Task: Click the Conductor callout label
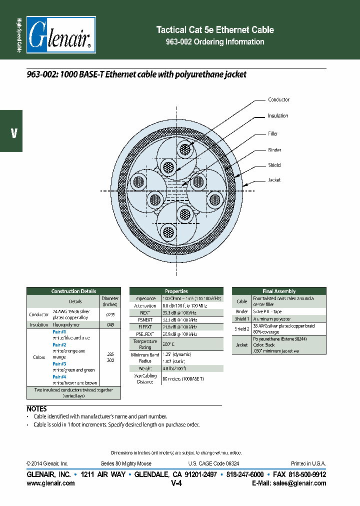point(278,100)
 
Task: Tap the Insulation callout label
point(277,116)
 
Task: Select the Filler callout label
point(272,134)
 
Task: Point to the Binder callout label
point(274,150)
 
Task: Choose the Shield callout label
point(274,165)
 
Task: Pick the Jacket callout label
point(274,180)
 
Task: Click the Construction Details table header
point(73,291)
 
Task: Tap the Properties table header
point(176,291)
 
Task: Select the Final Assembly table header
point(279,291)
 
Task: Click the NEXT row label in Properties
point(145,311)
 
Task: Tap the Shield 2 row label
point(242,328)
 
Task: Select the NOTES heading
point(36,408)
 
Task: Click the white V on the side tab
point(14,133)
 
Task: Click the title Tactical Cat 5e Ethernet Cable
point(215,30)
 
